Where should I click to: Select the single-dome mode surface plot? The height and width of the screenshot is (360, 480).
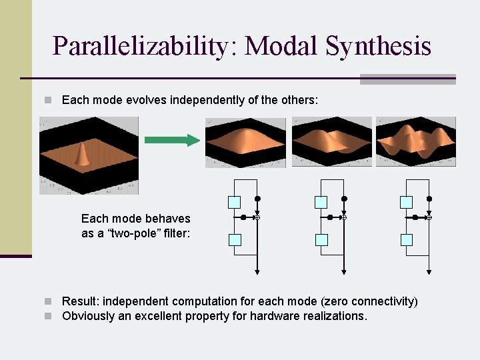[x=245, y=142]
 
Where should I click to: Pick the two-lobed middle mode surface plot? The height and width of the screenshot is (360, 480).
[x=331, y=142]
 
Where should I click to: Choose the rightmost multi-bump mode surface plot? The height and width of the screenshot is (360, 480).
[x=416, y=142]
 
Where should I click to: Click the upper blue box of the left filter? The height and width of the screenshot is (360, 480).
[x=234, y=202]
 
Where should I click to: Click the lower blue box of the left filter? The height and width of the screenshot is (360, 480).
[x=234, y=239]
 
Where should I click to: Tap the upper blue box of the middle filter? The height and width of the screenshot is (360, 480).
[x=321, y=202]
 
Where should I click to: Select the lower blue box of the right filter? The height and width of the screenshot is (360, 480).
[x=406, y=239]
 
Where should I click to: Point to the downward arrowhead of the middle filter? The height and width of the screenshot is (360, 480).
[x=343, y=271]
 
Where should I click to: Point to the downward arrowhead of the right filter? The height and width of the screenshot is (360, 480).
[x=429, y=271]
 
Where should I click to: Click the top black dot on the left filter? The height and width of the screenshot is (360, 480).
[x=257, y=199]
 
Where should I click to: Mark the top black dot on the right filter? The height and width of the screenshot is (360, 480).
[x=429, y=199]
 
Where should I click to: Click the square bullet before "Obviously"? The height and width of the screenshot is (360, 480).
[x=48, y=316]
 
